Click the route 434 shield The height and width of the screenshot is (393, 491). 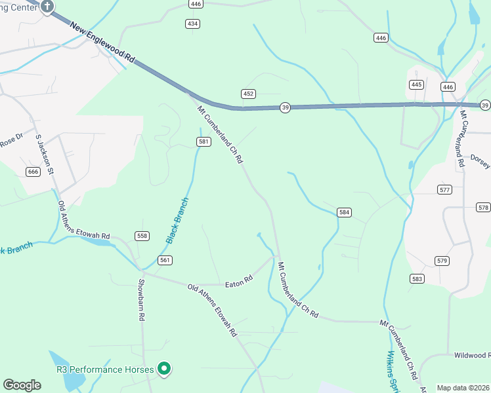[x=192, y=24]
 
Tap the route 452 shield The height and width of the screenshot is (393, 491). [x=247, y=94]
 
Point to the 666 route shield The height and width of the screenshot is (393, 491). [x=33, y=172]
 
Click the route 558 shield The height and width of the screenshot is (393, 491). [x=142, y=236]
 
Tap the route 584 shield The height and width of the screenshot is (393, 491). [x=345, y=212]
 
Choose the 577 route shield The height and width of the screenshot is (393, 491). [x=444, y=189]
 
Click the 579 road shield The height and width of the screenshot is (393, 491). [x=442, y=261]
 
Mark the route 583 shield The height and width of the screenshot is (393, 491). [x=417, y=279]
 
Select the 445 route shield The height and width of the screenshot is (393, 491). [x=416, y=84]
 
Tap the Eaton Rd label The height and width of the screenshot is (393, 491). [x=239, y=283]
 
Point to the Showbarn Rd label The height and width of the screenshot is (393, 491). [x=141, y=300]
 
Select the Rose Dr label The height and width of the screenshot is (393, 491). [x=11, y=140]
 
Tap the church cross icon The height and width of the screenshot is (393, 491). [x=47, y=7]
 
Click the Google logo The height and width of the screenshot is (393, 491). [x=22, y=385]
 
